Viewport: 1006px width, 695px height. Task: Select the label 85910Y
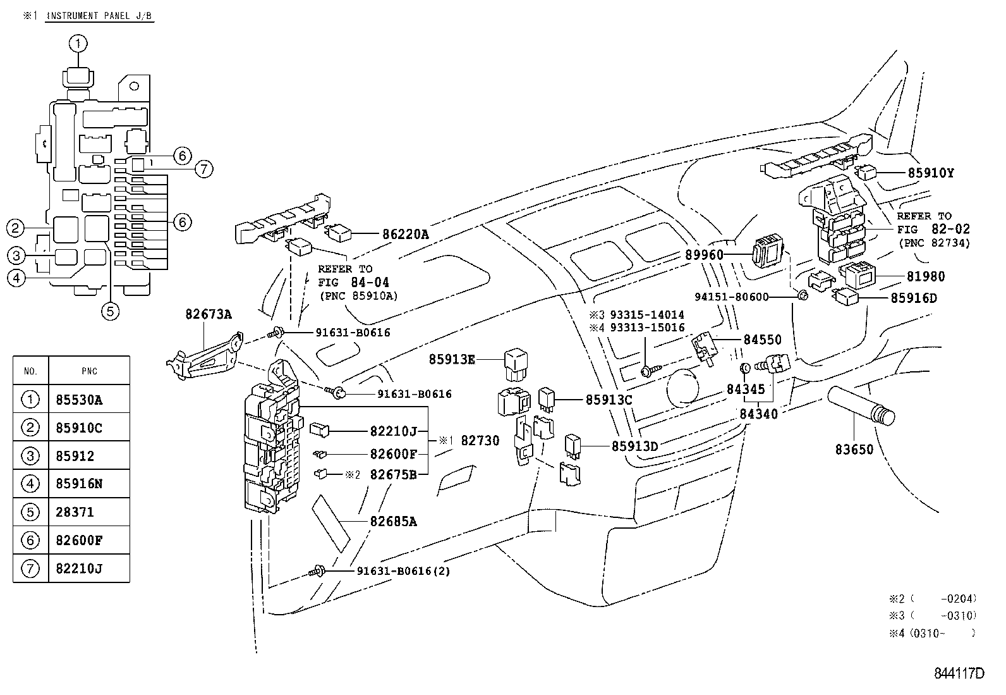tap(931, 172)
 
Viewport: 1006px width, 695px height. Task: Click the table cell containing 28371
tap(88, 512)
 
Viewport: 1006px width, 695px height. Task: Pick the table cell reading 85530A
tap(88, 400)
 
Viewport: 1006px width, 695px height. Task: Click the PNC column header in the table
tap(89, 371)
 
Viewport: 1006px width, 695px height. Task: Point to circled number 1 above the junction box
tap(78, 44)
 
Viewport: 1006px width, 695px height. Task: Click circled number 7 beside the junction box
tap(203, 169)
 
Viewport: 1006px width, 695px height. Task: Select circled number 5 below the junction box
tap(111, 311)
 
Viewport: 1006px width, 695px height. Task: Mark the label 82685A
tap(393, 522)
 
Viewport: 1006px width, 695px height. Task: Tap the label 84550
tap(762, 340)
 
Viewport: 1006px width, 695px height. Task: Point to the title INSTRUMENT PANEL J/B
tap(100, 16)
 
